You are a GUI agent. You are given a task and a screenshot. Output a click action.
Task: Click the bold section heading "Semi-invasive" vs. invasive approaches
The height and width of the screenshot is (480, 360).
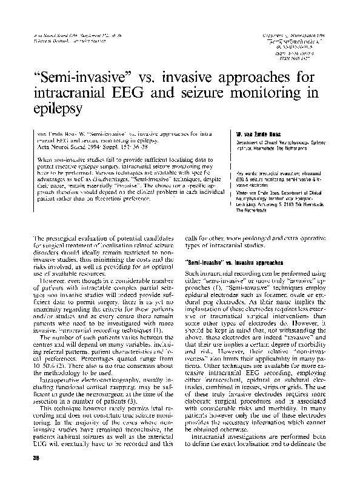coord(233,264)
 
